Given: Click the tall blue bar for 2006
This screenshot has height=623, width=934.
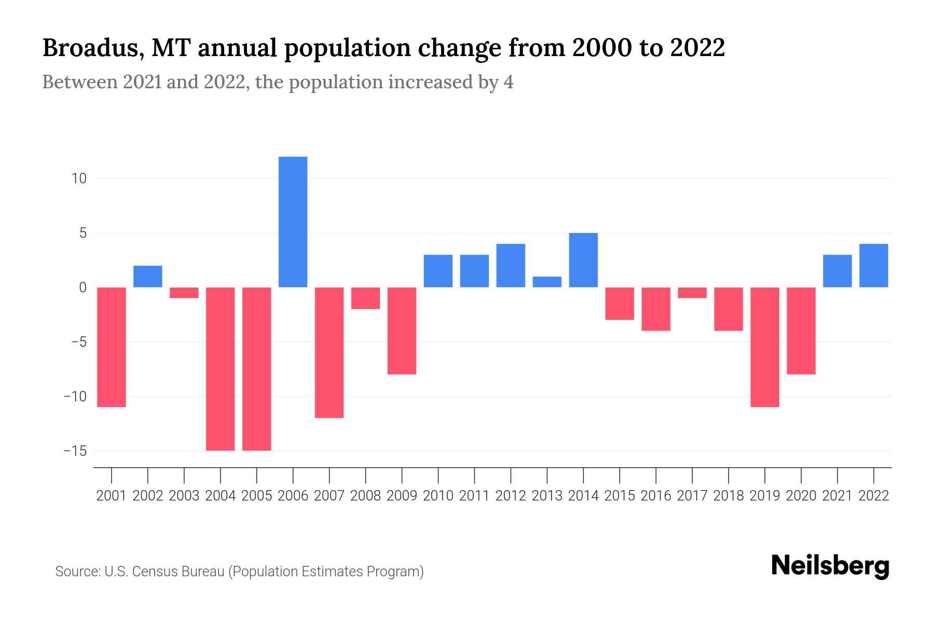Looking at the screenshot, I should (293, 222).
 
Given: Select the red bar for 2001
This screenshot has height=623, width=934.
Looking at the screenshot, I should (112, 347).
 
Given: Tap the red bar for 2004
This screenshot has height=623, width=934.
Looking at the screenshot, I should (220, 369).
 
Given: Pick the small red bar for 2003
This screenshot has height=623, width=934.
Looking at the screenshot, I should (184, 293).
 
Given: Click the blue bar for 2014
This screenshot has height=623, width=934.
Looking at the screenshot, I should (583, 260).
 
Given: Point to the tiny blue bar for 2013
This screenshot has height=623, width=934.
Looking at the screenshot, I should (547, 282).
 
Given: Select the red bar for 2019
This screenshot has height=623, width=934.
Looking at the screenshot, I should (765, 347).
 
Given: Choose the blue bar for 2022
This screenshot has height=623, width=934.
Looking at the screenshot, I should (874, 265).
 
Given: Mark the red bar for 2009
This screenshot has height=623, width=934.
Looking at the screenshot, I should (402, 331).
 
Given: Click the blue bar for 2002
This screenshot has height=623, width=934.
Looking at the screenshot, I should (148, 276).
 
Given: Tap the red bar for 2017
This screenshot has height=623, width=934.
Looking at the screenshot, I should (692, 293).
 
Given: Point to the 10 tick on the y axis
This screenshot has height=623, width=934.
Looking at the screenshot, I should (79, 179).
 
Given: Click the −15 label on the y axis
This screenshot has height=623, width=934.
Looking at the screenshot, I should (75, 451).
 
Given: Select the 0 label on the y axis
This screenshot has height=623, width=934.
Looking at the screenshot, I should (83, 288).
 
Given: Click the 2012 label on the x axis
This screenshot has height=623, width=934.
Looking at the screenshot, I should (511, 496).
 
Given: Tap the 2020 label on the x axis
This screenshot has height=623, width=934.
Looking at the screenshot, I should (801, 496).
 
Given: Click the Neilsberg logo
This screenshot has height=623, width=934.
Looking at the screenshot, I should (830, 566).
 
